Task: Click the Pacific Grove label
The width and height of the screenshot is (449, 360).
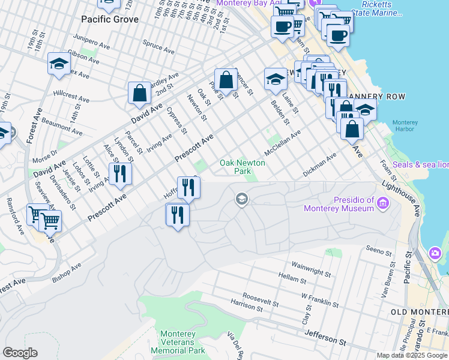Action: tap(110, 19)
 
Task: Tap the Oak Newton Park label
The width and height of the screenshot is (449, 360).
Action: tap(243, 167)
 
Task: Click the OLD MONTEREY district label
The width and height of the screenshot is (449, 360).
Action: tap(418, 312)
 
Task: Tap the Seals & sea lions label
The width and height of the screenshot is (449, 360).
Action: tap(420, 164)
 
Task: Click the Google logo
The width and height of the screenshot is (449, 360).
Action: tap(20, 353)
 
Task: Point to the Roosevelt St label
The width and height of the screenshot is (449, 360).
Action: tap(261, 298)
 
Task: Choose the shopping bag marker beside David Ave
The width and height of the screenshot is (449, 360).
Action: tap(139, 94)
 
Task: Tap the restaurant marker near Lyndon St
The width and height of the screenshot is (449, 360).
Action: tap(120, 173)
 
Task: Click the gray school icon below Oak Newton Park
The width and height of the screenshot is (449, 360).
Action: tap(242, 199)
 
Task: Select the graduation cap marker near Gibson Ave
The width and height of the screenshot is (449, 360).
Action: tap(59, 64)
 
